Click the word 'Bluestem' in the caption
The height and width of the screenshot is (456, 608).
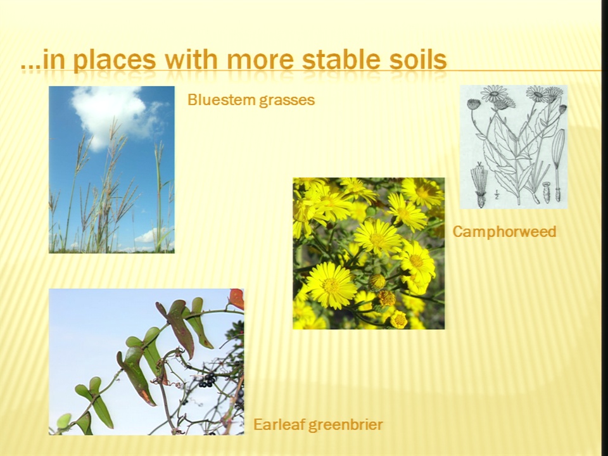coord(220,100)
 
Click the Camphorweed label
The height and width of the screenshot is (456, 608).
coord(504,232)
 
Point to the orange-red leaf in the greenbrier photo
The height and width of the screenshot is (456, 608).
coord(236,298)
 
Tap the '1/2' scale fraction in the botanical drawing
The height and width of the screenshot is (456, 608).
coord(497,195)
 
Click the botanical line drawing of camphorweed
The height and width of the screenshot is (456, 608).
coord(514,147)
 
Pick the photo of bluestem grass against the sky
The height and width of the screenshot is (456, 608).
coord(111,170)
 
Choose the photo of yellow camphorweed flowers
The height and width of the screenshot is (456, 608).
coord(369,253)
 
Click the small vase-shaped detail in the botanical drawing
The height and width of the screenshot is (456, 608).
coord(547,193)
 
